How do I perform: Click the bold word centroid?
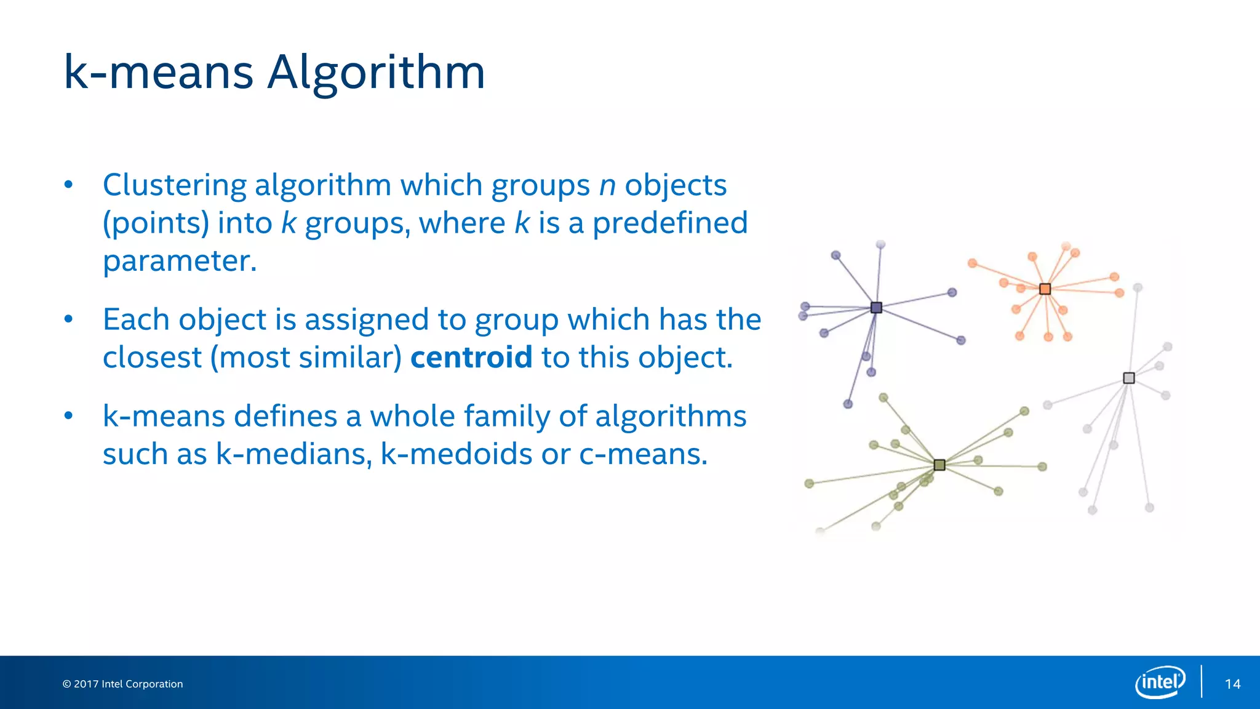(x=471, y=358)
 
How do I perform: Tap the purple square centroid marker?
(x=877, y=308)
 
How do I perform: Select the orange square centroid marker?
(x=1045, y=289)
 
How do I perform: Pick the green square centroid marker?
(x=939, y=465)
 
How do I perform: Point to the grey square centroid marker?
(x=1129, y=378)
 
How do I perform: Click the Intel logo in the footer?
(x=1160, y=682)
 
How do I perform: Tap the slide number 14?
(x=1232, y=684)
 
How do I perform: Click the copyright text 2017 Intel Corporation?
(x=122, y=684)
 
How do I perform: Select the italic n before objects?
(x=607, y=185)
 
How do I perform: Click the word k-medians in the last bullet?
(x=293, y=454)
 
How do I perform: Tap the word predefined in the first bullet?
(x=670, y=223)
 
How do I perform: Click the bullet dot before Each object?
(x=69, y=319)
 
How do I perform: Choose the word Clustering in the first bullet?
(x=174, y=185)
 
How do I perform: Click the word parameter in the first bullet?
(x=179, y=261)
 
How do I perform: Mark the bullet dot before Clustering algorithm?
(x=69, y=185)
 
